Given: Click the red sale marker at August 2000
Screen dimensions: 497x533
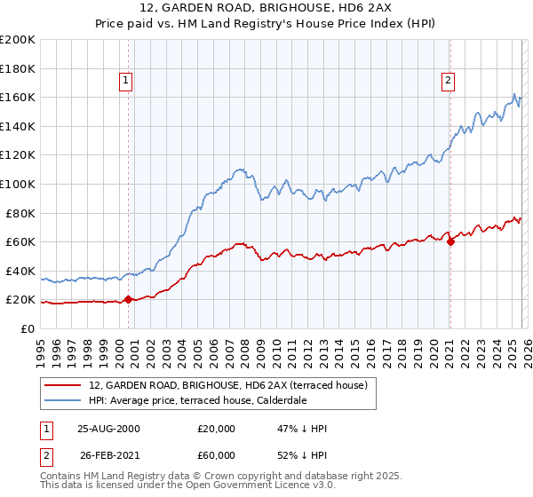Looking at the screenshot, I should tap(128, 299).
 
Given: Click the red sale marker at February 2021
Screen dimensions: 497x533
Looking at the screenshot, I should tap(450, 241).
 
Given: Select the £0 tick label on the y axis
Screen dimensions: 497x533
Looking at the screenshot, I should tap(28, 328).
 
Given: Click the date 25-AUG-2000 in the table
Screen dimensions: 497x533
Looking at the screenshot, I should tap(107, 429).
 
